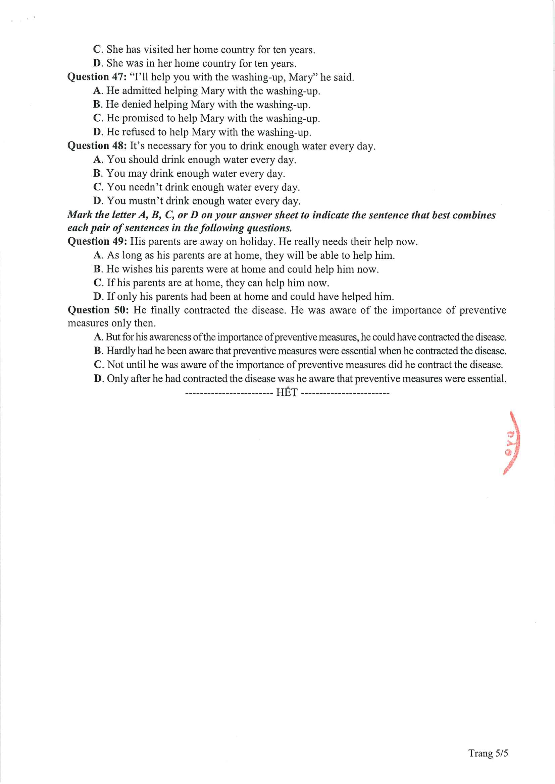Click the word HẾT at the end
coord(287,393)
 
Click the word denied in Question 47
coord(136,105)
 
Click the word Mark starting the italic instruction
coord(80,215)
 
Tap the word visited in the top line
coord(158,50)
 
